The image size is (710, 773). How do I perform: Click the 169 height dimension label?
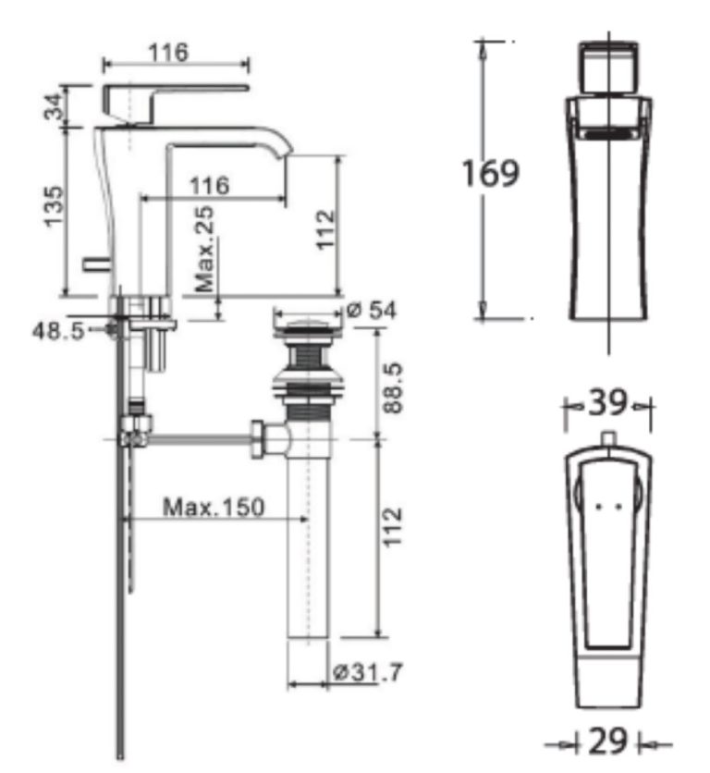492,174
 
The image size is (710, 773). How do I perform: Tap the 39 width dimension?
607,403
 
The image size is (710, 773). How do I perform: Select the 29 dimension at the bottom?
608,742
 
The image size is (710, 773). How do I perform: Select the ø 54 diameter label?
369,311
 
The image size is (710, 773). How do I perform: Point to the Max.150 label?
214,507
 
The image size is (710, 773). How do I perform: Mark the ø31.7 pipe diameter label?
368,672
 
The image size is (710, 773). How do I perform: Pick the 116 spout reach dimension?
209,186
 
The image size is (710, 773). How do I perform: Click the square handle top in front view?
608,67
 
